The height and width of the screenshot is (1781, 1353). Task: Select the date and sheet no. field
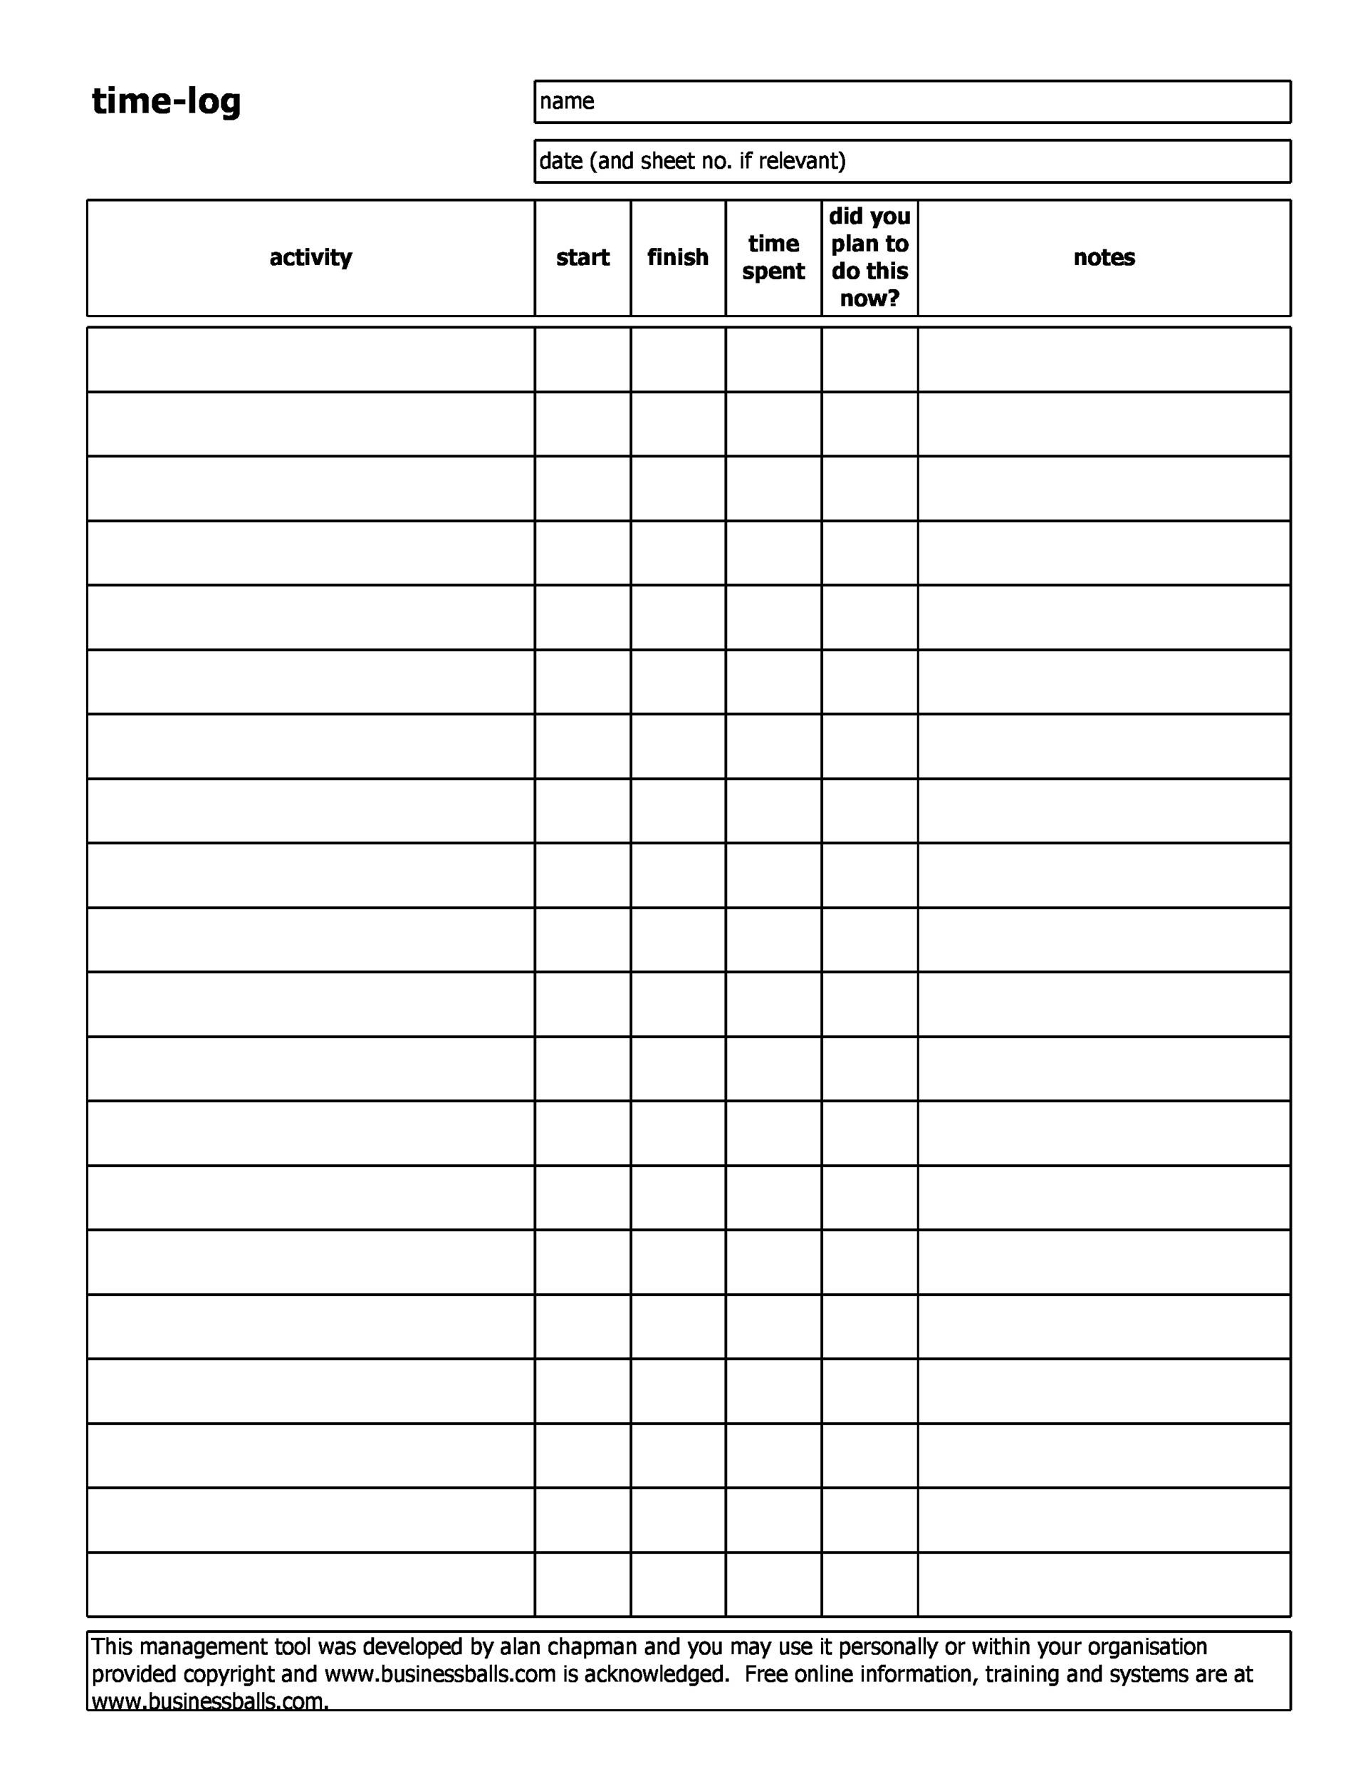point(912,162)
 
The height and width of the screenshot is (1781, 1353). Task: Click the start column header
point(583,258)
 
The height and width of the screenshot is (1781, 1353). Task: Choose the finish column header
point(677,258)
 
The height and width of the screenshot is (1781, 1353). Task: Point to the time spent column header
point(773,258)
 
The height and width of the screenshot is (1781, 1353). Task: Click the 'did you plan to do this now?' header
point(869,258)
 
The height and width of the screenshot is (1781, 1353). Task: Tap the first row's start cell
point(583,360)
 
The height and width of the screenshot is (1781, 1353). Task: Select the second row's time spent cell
point(773,425)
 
